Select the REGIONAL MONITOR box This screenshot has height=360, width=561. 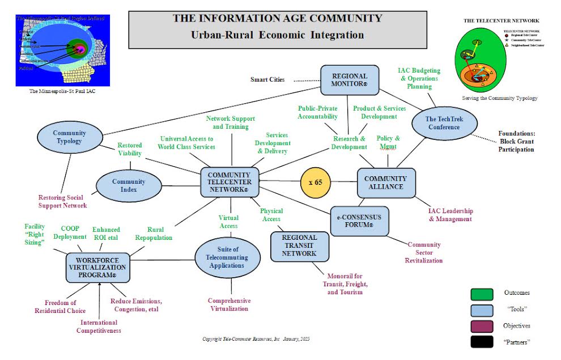point(349,80)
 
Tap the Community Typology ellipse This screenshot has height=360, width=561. point(70,137)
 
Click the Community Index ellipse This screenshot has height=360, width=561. point(129,186)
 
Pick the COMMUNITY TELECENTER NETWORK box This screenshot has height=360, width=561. point(229,183)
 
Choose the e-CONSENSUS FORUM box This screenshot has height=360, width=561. point(359,221)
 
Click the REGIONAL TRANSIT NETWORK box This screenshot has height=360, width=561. point(299,246)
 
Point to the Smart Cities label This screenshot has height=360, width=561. point(267,79)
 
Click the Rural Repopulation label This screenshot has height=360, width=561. point(152,234)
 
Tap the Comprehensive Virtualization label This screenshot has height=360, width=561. point(229,304)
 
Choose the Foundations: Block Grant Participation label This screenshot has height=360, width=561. point(516,142)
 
